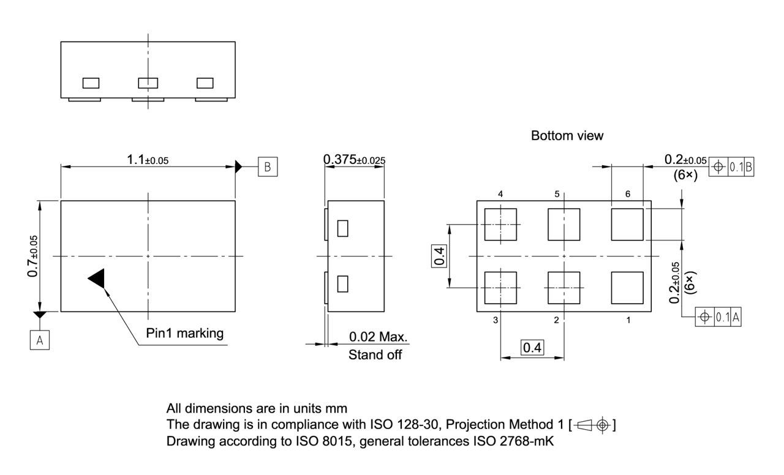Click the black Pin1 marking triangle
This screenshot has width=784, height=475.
pos(98,279)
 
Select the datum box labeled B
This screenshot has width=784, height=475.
pos(267,166)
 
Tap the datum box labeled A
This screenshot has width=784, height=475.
pos(40,340)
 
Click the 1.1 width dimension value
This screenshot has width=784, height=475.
pos(147,160)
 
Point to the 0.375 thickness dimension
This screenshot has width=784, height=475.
pos(354,160)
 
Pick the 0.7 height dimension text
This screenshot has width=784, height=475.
pos(33,256)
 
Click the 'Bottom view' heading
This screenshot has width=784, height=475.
pos(567,136)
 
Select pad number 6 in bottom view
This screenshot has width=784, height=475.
pos(627,224)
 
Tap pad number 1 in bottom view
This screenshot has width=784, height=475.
pos(627,288)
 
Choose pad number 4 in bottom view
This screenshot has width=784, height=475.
pos(500,224)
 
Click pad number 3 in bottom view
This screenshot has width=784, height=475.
pos(500,288)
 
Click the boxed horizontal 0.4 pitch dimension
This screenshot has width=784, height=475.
pos(532,348)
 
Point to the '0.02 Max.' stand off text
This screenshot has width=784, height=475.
pos(378,337)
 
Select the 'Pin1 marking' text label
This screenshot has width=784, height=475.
pos(184,334)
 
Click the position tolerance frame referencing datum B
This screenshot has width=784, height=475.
pos(731,166)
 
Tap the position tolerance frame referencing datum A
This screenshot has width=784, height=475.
pos(718,317)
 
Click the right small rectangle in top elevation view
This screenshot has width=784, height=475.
pos(205,83)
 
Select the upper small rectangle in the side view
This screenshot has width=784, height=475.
pos(343,228)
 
